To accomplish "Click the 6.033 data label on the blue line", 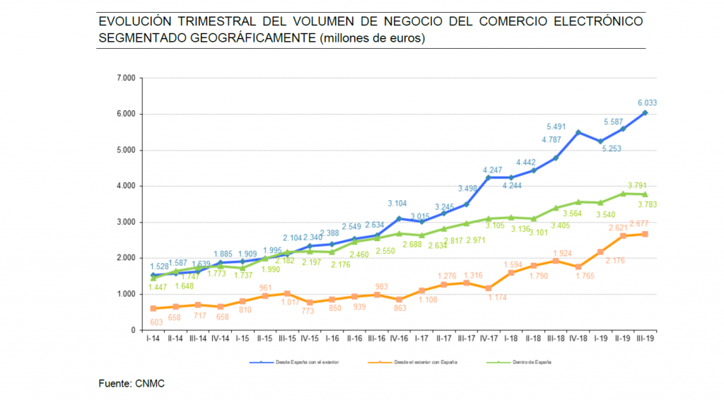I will coord(646,102).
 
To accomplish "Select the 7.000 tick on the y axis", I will coord(127,78).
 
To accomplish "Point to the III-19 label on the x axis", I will coord(646,339).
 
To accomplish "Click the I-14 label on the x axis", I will coord(153,339).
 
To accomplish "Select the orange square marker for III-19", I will coord(645,234).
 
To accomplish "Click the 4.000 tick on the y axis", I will coord(127,186).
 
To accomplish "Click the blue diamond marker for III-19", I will coord(645,112).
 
